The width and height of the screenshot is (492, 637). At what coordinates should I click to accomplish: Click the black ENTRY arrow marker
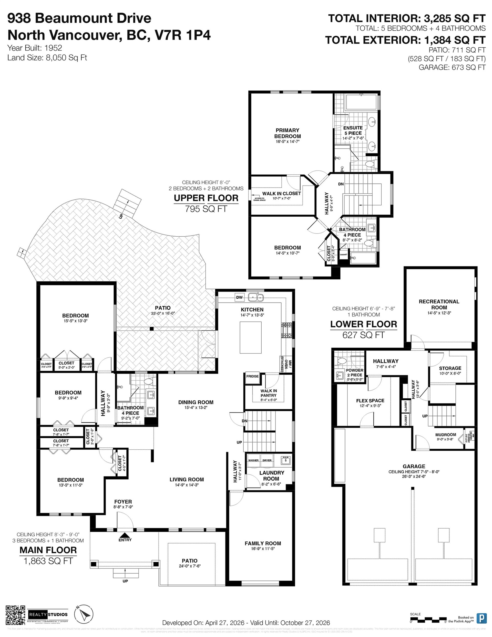click(x=125, y=535)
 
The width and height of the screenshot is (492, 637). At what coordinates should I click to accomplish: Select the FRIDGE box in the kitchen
click(x=252, y=376)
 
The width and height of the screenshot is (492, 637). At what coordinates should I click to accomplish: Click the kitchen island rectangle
click(x=251, y=337)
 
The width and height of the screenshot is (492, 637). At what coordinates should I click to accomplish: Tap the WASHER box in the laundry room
click(x=253, y=460)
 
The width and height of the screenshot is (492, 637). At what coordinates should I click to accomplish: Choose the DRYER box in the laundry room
click(x=267, y=460)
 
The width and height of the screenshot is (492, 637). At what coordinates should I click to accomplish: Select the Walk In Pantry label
click(x=268, y=393)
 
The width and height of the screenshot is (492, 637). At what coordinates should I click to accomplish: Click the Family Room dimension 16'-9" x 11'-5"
click(x=262, y=549)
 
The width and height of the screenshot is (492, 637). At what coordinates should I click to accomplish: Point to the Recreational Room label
click(x=439, y=304)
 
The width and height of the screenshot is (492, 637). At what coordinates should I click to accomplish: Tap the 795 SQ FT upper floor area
click(x=206, y=209)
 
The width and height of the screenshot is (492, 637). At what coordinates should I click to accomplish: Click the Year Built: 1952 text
click(x=34, y=48)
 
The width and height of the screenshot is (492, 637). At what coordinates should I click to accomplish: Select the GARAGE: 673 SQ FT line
click(x=452, y=67)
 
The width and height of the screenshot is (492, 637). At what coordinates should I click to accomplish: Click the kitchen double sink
click(x=255, y=297)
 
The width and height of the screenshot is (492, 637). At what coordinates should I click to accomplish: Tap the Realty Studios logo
click(x=48, y=614)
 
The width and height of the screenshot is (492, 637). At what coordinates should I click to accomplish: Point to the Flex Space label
click(x=370, y=400)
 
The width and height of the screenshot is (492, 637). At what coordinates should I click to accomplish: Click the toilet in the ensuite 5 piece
click(x=371, y=165)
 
